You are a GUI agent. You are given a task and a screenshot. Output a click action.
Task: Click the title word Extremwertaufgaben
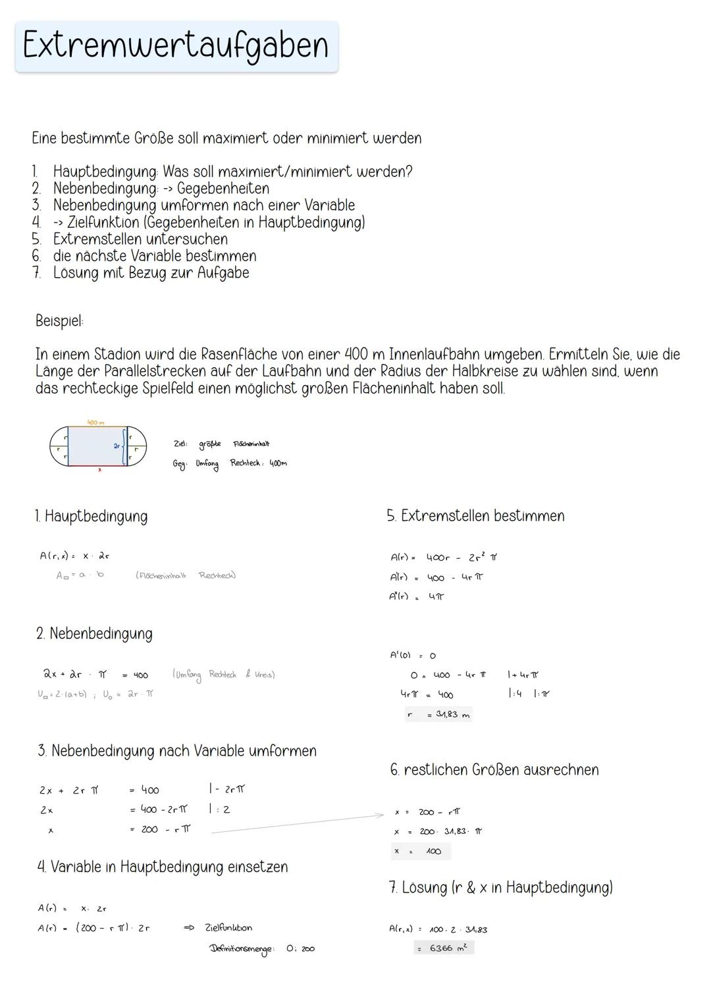175,46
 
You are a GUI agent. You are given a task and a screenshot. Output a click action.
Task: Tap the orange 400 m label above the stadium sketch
95,422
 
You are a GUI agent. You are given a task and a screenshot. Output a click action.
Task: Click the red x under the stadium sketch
99,470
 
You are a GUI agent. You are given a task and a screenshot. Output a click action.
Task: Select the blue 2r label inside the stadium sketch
117,446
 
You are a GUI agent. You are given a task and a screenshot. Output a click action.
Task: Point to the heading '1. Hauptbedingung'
92,516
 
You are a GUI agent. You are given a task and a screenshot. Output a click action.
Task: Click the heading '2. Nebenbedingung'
94,634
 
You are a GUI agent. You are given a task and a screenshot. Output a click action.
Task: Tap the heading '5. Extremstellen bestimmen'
475,516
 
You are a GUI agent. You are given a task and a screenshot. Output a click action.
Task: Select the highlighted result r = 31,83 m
438,715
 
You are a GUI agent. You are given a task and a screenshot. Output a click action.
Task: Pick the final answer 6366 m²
444,948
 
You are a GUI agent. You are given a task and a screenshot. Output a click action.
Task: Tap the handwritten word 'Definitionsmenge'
242,949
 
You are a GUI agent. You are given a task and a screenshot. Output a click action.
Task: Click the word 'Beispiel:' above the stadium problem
59,322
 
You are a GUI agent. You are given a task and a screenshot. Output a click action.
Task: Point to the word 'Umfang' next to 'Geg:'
207,464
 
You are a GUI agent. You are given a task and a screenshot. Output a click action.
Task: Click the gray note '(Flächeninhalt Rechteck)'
186,576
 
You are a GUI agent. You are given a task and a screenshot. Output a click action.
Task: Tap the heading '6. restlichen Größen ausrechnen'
494,770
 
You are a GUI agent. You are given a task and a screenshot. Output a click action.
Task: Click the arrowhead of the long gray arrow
381,815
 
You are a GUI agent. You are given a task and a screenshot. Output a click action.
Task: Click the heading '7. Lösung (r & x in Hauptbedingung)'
500,888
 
